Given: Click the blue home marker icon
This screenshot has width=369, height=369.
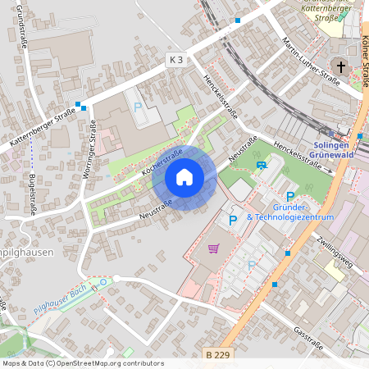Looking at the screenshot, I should pyautogui.click(x=184, y=176).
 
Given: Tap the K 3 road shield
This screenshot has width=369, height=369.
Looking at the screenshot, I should pyautogui.click(x=176, y=59).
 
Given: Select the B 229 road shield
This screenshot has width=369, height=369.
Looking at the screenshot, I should pyautogui.click(x=216, y=354).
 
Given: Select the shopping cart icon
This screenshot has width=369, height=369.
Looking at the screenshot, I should pyautogui.click(x=214, y=248).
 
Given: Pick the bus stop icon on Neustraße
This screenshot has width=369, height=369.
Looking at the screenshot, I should pyautogui.click(x=261, y=164).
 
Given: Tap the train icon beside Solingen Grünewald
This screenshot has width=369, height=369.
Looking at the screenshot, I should pyautogui.click(x=360, y=136).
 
